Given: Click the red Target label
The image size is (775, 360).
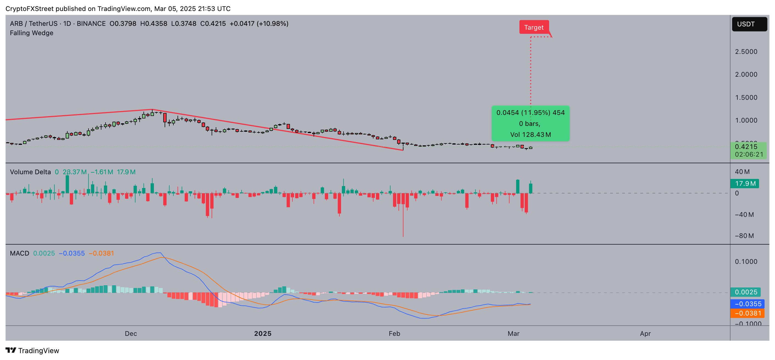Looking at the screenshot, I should (x=534, y=27).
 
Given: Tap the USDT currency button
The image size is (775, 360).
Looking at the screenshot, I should (x=749, y=24).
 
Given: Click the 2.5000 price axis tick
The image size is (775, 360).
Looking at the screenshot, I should (x=746, y=52).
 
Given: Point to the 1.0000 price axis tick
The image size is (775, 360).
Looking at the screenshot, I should (x=746, y=120).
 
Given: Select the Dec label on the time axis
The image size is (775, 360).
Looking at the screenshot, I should (x=131, y=334).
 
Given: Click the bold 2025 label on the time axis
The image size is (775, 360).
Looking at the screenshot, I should (x=263, y=334).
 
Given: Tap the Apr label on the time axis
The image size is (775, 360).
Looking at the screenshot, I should (x=645, y=334).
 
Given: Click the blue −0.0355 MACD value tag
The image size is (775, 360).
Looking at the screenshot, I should (x=747, y=304).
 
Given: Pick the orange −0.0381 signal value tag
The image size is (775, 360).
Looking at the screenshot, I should (x=747, y=313).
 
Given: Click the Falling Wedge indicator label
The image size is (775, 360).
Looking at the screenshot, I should (x=32, y=33).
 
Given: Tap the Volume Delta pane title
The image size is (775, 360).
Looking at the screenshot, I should (x=31, y=172).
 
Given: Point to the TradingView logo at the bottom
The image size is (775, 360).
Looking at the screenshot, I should (x=32, y=351).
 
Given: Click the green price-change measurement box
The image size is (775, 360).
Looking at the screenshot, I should (x=530, y=124).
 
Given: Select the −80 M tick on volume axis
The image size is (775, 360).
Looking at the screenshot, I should (x=744, y=236).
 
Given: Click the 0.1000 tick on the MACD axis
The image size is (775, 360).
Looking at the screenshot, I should (x=746, y=262).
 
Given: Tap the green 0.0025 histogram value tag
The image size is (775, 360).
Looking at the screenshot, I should (x=745, y=292).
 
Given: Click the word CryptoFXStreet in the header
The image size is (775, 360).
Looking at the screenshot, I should (x=29, y=9).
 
